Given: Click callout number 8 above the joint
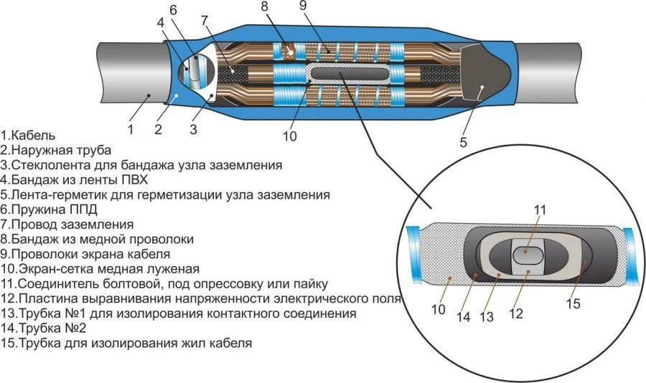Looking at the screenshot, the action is (264, 7).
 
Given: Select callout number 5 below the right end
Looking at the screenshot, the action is (464, 142).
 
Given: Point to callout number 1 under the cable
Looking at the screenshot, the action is (131, 129).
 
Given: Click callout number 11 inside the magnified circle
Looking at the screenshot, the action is (540, 210).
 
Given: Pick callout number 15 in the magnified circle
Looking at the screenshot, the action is (573, 304).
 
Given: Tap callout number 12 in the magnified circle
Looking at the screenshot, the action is (515, 314).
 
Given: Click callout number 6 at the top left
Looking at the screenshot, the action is (173, 9).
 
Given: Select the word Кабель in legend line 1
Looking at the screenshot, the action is (32, 135).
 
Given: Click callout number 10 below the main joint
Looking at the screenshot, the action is (289, 136).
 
